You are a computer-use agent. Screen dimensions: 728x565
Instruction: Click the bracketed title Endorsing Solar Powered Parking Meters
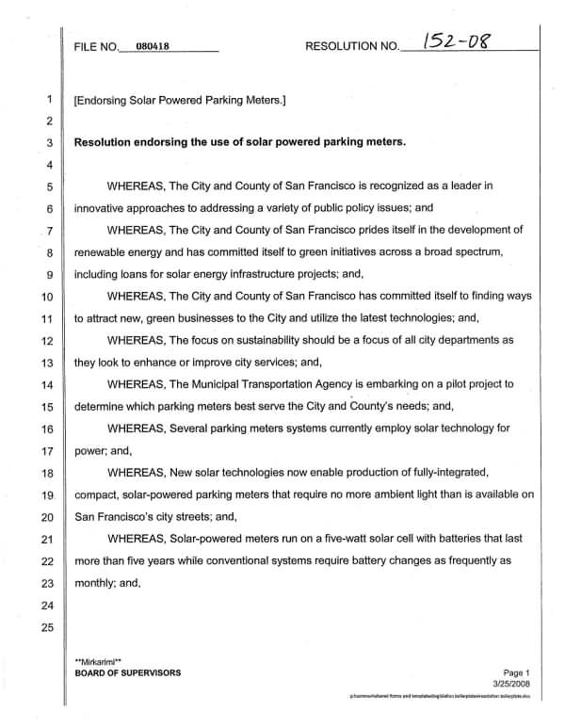pos(180,99)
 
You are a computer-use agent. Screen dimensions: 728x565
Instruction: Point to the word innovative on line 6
pos(103,208)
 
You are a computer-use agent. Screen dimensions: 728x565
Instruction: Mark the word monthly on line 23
pos(98,583)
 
